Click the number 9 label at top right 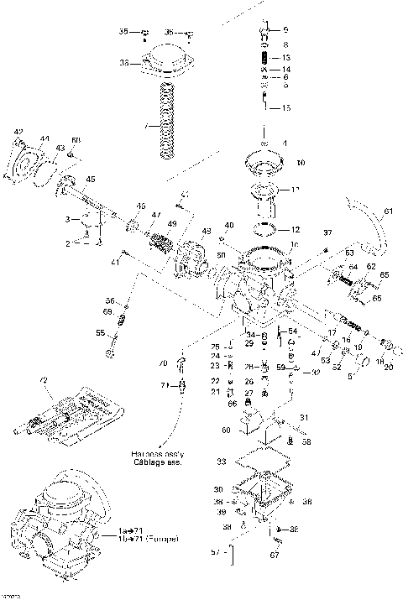(285, 30)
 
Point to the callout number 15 (285, 108)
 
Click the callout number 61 (387, 211)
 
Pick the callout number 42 (18, 132)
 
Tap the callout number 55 (101, 333)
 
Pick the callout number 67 (273, 554)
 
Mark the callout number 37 (327, 232)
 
